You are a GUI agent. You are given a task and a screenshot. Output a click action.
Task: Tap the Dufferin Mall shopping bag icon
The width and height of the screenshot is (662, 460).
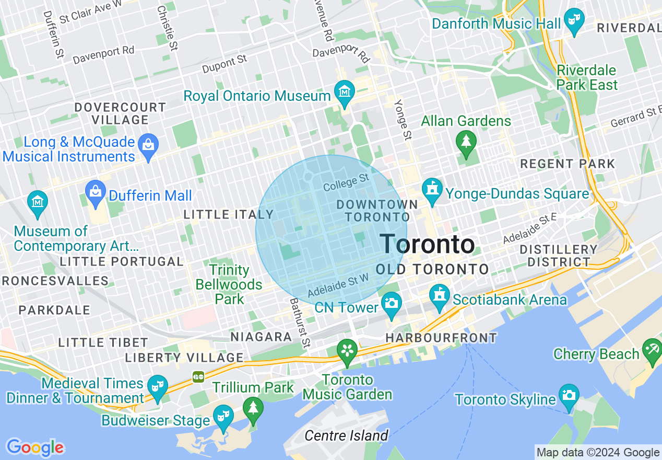[x=96, y=191]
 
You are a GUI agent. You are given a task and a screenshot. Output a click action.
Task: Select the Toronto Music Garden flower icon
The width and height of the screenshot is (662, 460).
[x=347, y=350]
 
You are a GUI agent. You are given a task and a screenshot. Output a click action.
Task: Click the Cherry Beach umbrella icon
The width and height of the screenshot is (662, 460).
[x=652, y=349]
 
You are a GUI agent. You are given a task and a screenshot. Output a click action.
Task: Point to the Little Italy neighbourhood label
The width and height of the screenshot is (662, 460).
[x=229, y=214]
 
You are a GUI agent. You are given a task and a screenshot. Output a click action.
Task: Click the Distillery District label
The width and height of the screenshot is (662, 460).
[x=559, y=256]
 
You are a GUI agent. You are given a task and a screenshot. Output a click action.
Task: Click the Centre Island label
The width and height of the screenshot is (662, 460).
[x=347, y=435]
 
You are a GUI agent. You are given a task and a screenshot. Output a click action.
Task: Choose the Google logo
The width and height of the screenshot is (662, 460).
[x=35, y=447]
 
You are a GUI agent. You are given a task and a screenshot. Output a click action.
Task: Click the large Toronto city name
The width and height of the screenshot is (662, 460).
[x=427, y=244]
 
